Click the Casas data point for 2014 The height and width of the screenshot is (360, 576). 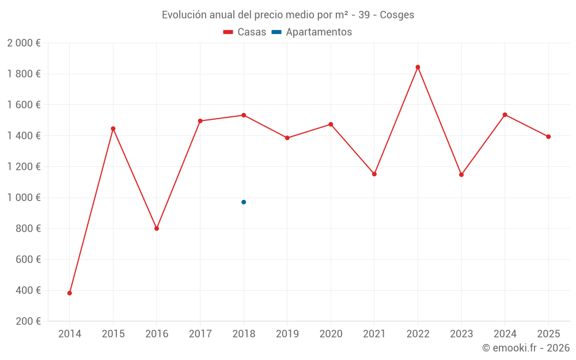point(70,293)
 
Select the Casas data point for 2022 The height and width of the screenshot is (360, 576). point(418,67)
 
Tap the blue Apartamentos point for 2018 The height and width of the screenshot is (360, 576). point(244,202)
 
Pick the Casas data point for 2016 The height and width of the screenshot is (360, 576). point(157,229)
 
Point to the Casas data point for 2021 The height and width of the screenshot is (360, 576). point(374,174)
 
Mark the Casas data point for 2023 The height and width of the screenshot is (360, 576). point(461,175)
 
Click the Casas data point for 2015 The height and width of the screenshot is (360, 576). point(113,128)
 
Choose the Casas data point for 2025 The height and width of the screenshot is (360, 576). point(548,137)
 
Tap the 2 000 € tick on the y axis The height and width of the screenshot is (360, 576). point(24,43)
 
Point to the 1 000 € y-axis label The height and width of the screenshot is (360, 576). point(24,198)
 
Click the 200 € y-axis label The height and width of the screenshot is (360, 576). point(27,321)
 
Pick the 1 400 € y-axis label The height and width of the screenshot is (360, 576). point(24,136)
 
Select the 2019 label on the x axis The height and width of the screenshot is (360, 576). point(287,334)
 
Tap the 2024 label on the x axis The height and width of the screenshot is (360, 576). point(505,334)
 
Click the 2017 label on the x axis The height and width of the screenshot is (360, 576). point(200,334)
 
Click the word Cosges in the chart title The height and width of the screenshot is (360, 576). point(397,15)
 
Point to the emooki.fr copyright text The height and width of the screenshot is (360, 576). point(526,348)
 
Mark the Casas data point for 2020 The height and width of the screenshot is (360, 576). point(331,124)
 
